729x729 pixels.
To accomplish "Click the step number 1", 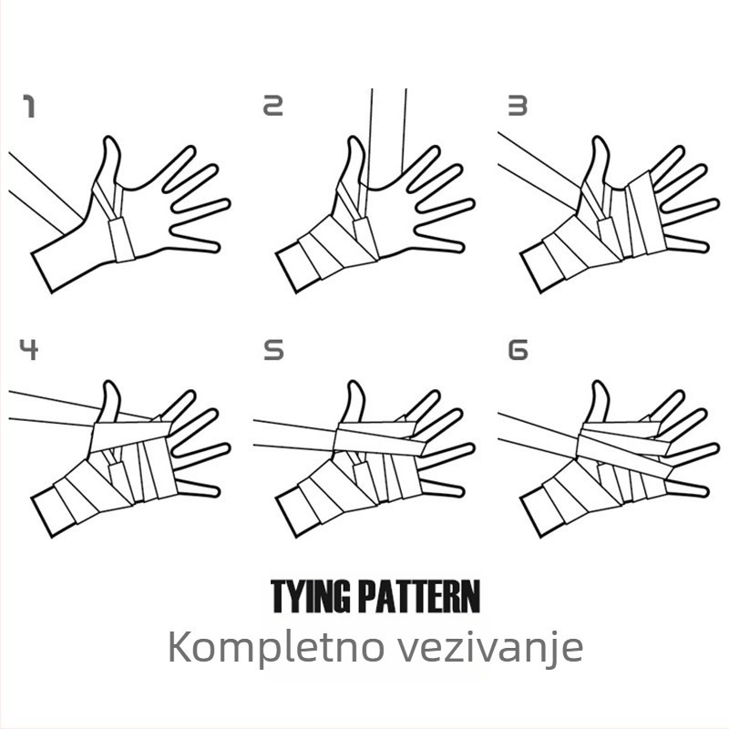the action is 29,107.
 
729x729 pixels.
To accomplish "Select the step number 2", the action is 272,106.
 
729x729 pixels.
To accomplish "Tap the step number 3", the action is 518,106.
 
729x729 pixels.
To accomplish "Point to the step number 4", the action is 29,349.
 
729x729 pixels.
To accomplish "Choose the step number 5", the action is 273,350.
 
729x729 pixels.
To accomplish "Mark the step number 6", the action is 518,350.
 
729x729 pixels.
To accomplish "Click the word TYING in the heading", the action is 310,597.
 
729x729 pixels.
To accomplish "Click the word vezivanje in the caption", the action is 489,648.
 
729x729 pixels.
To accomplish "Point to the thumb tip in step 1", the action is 109,139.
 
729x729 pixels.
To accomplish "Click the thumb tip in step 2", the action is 354,139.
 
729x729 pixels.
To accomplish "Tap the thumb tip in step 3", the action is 599,139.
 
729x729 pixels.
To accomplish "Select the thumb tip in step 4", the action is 109,383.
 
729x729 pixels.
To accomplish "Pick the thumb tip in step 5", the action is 354,383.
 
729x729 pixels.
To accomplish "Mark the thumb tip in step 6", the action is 599,383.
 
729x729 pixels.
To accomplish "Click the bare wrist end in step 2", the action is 286,272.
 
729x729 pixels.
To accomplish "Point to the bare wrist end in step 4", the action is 42,517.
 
